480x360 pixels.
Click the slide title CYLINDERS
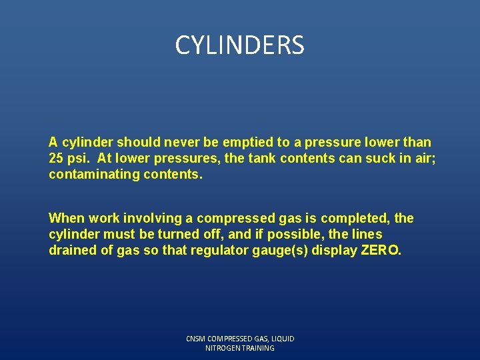tap(239, 45)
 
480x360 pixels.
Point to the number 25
tap(56, 158)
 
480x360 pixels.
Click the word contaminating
tap(89, 174)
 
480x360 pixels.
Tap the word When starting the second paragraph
tap(67, 218)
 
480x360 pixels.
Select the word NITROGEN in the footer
tap(225, 348)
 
